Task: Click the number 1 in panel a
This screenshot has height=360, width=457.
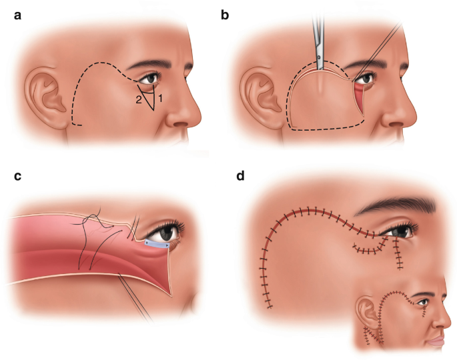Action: [x=160, y=97]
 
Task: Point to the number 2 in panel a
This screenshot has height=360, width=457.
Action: [x=139, y=99]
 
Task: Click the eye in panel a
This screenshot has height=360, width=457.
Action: [x=153, y=79]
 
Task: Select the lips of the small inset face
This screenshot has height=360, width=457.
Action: [x=436, y=342]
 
